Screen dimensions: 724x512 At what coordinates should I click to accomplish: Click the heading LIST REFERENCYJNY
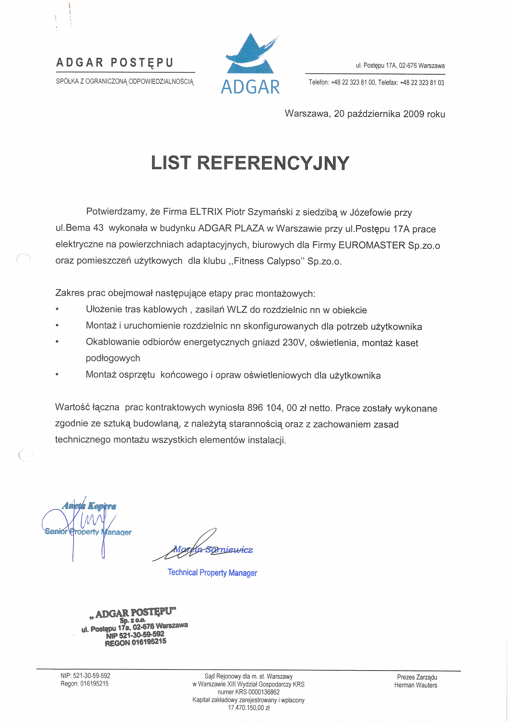[250, 163]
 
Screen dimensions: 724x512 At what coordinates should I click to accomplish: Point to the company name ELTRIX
[206, 212]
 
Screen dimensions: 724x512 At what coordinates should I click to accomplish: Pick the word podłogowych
[113, 358]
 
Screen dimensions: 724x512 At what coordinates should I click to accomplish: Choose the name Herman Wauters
[416, 685]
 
